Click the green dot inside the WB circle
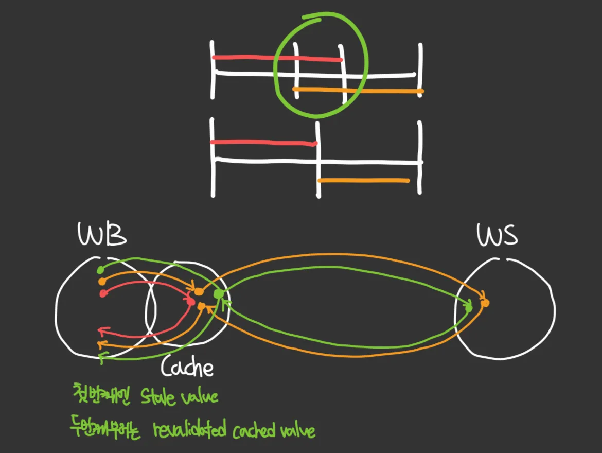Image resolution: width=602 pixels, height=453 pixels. coord(100,270)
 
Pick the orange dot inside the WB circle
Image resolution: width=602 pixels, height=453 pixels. coord(102,282)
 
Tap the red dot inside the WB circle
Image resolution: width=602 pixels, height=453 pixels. coord(102,293)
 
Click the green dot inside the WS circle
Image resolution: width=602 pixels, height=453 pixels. coord(469,308)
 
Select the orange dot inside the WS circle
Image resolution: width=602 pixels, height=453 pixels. coord(485,303)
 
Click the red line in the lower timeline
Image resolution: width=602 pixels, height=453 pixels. coord(263,142)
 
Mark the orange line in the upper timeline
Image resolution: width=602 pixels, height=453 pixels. coord(358,91)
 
